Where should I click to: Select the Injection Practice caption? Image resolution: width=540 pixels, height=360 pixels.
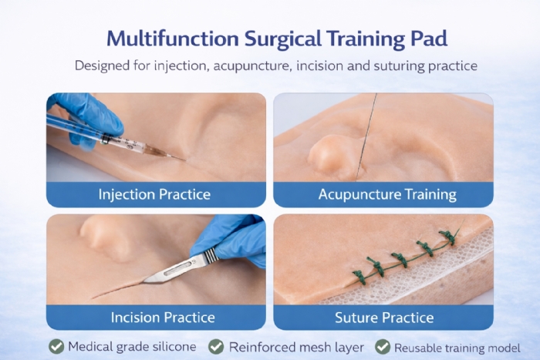click(154, 193)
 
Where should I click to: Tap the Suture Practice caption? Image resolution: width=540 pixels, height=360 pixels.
click(384, 317)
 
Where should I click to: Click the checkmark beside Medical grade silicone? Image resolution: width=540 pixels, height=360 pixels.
click(56, 346)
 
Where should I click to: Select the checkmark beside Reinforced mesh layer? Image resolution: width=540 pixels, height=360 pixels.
click(216, 346)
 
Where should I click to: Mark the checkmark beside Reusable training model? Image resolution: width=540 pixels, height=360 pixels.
click(382, 346)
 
